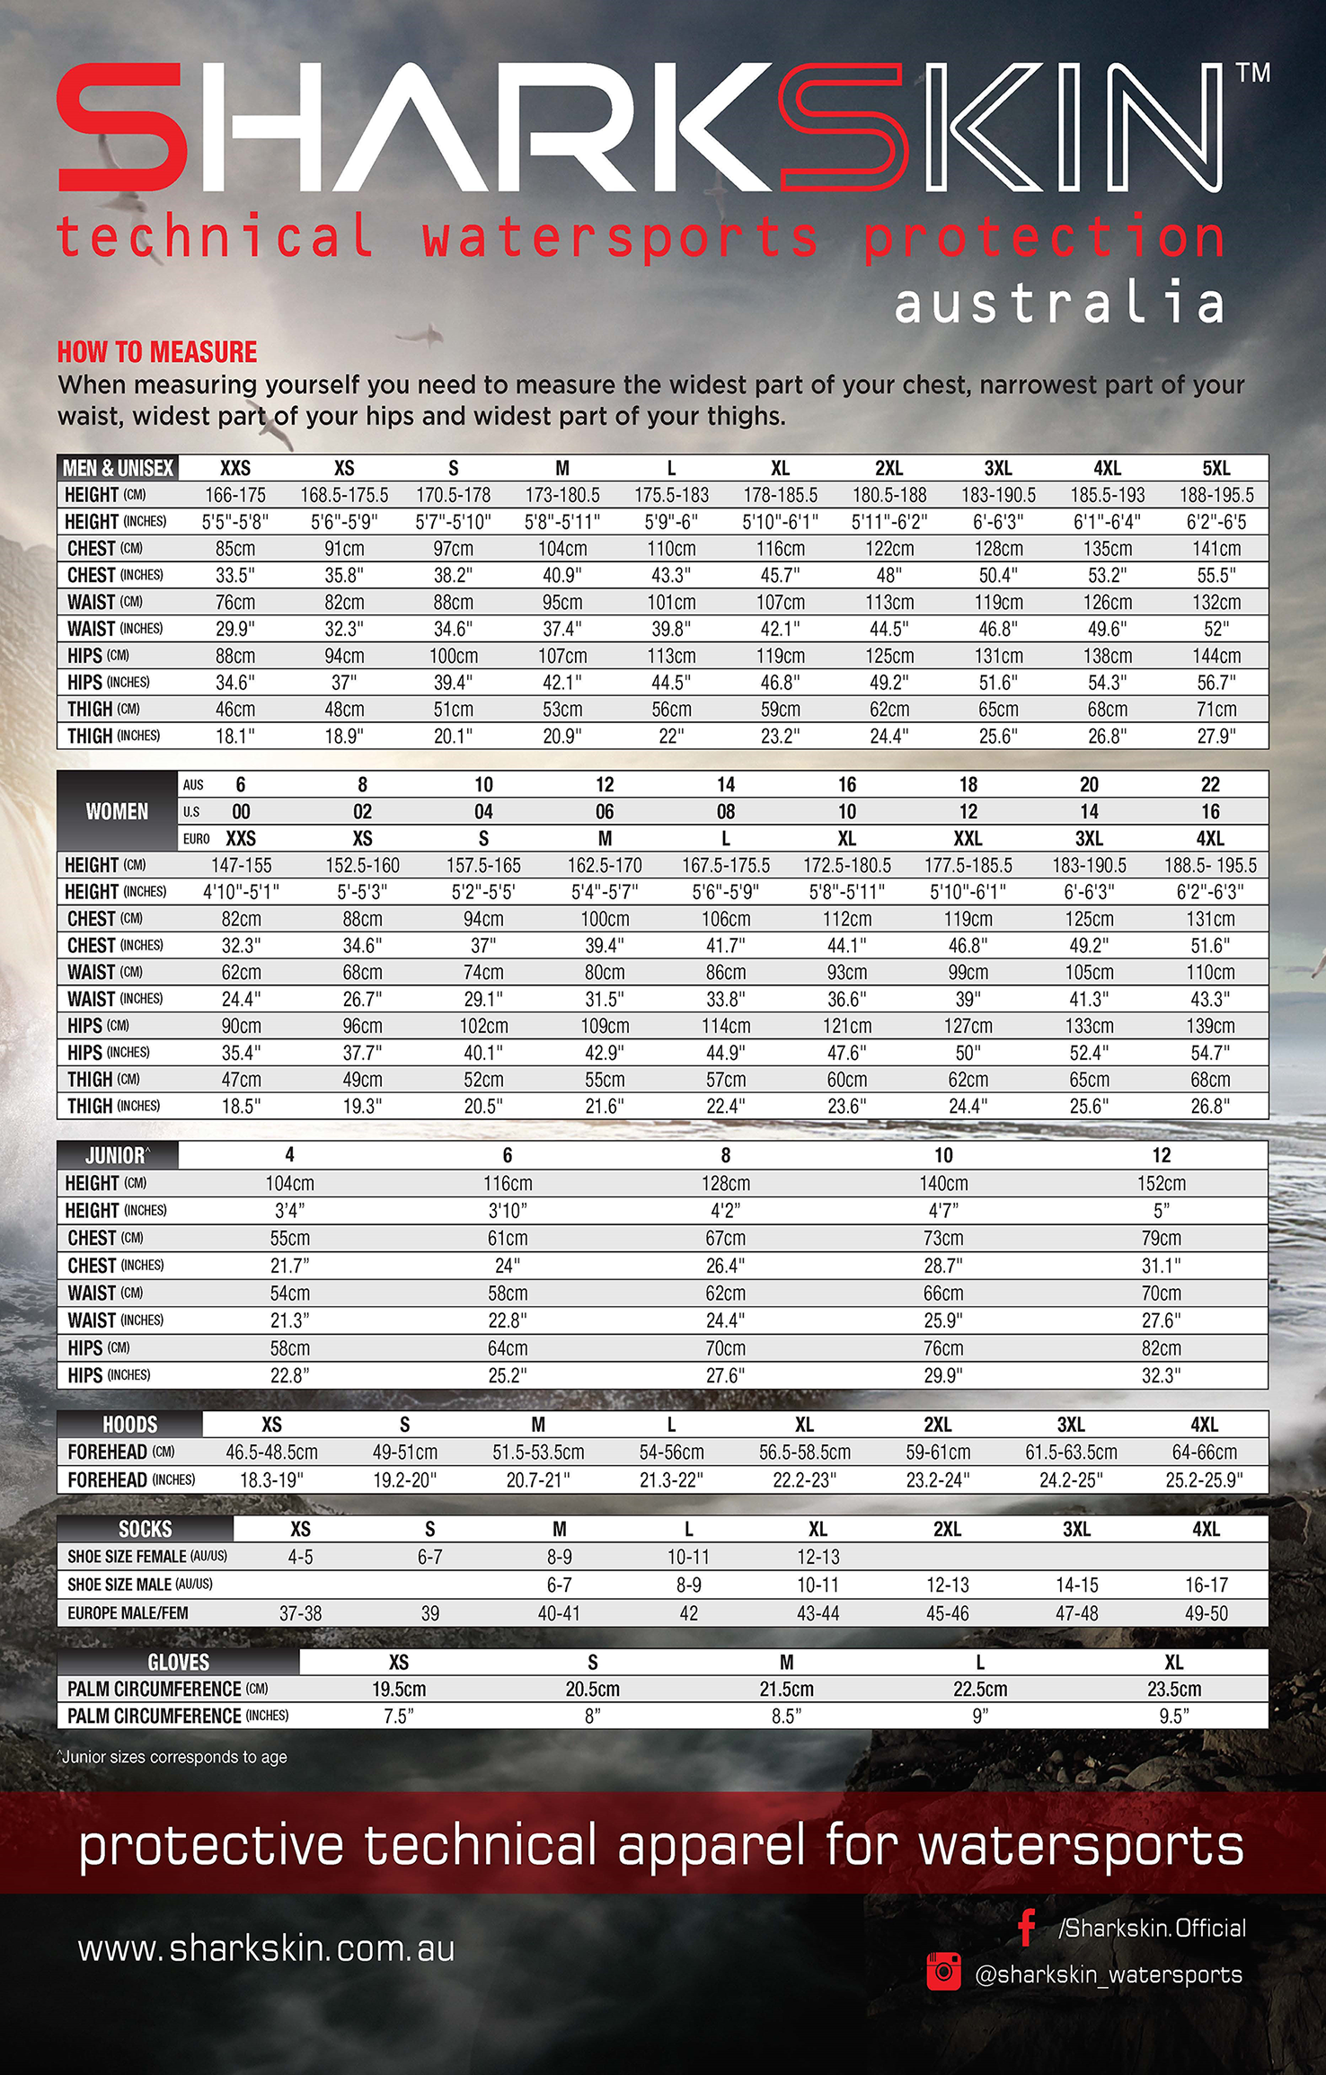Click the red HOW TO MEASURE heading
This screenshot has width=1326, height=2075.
(157, 352)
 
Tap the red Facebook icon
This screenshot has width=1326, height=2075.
(1027, 1927)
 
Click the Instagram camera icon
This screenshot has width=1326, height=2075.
(943, 1972)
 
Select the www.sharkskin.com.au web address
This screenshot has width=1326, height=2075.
(266, 1948)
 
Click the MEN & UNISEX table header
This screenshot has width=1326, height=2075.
(118, 468)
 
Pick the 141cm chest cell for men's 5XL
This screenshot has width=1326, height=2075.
(1216, 549)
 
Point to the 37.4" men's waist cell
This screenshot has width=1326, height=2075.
(562, 629)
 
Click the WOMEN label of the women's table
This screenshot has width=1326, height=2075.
(117, 811)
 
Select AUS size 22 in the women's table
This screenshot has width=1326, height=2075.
(1210, 785)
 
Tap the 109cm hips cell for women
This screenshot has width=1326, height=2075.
(605, 1026)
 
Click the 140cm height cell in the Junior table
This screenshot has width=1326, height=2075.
(943, 1183)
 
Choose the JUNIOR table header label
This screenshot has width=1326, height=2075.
(116, 1155)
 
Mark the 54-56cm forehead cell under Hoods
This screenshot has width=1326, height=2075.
(671, 1452)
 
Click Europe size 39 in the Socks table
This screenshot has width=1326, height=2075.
(429, 1613)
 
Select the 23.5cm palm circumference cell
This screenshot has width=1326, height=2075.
(1173, 1689)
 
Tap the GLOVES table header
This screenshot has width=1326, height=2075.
(178, 1662)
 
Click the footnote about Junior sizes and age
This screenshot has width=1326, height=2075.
(172, 1757)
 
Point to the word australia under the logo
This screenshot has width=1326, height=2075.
(1060, 303)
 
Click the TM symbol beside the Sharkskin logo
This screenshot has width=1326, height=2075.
(1253, 73)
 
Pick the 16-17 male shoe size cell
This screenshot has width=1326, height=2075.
(1206, 1585)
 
